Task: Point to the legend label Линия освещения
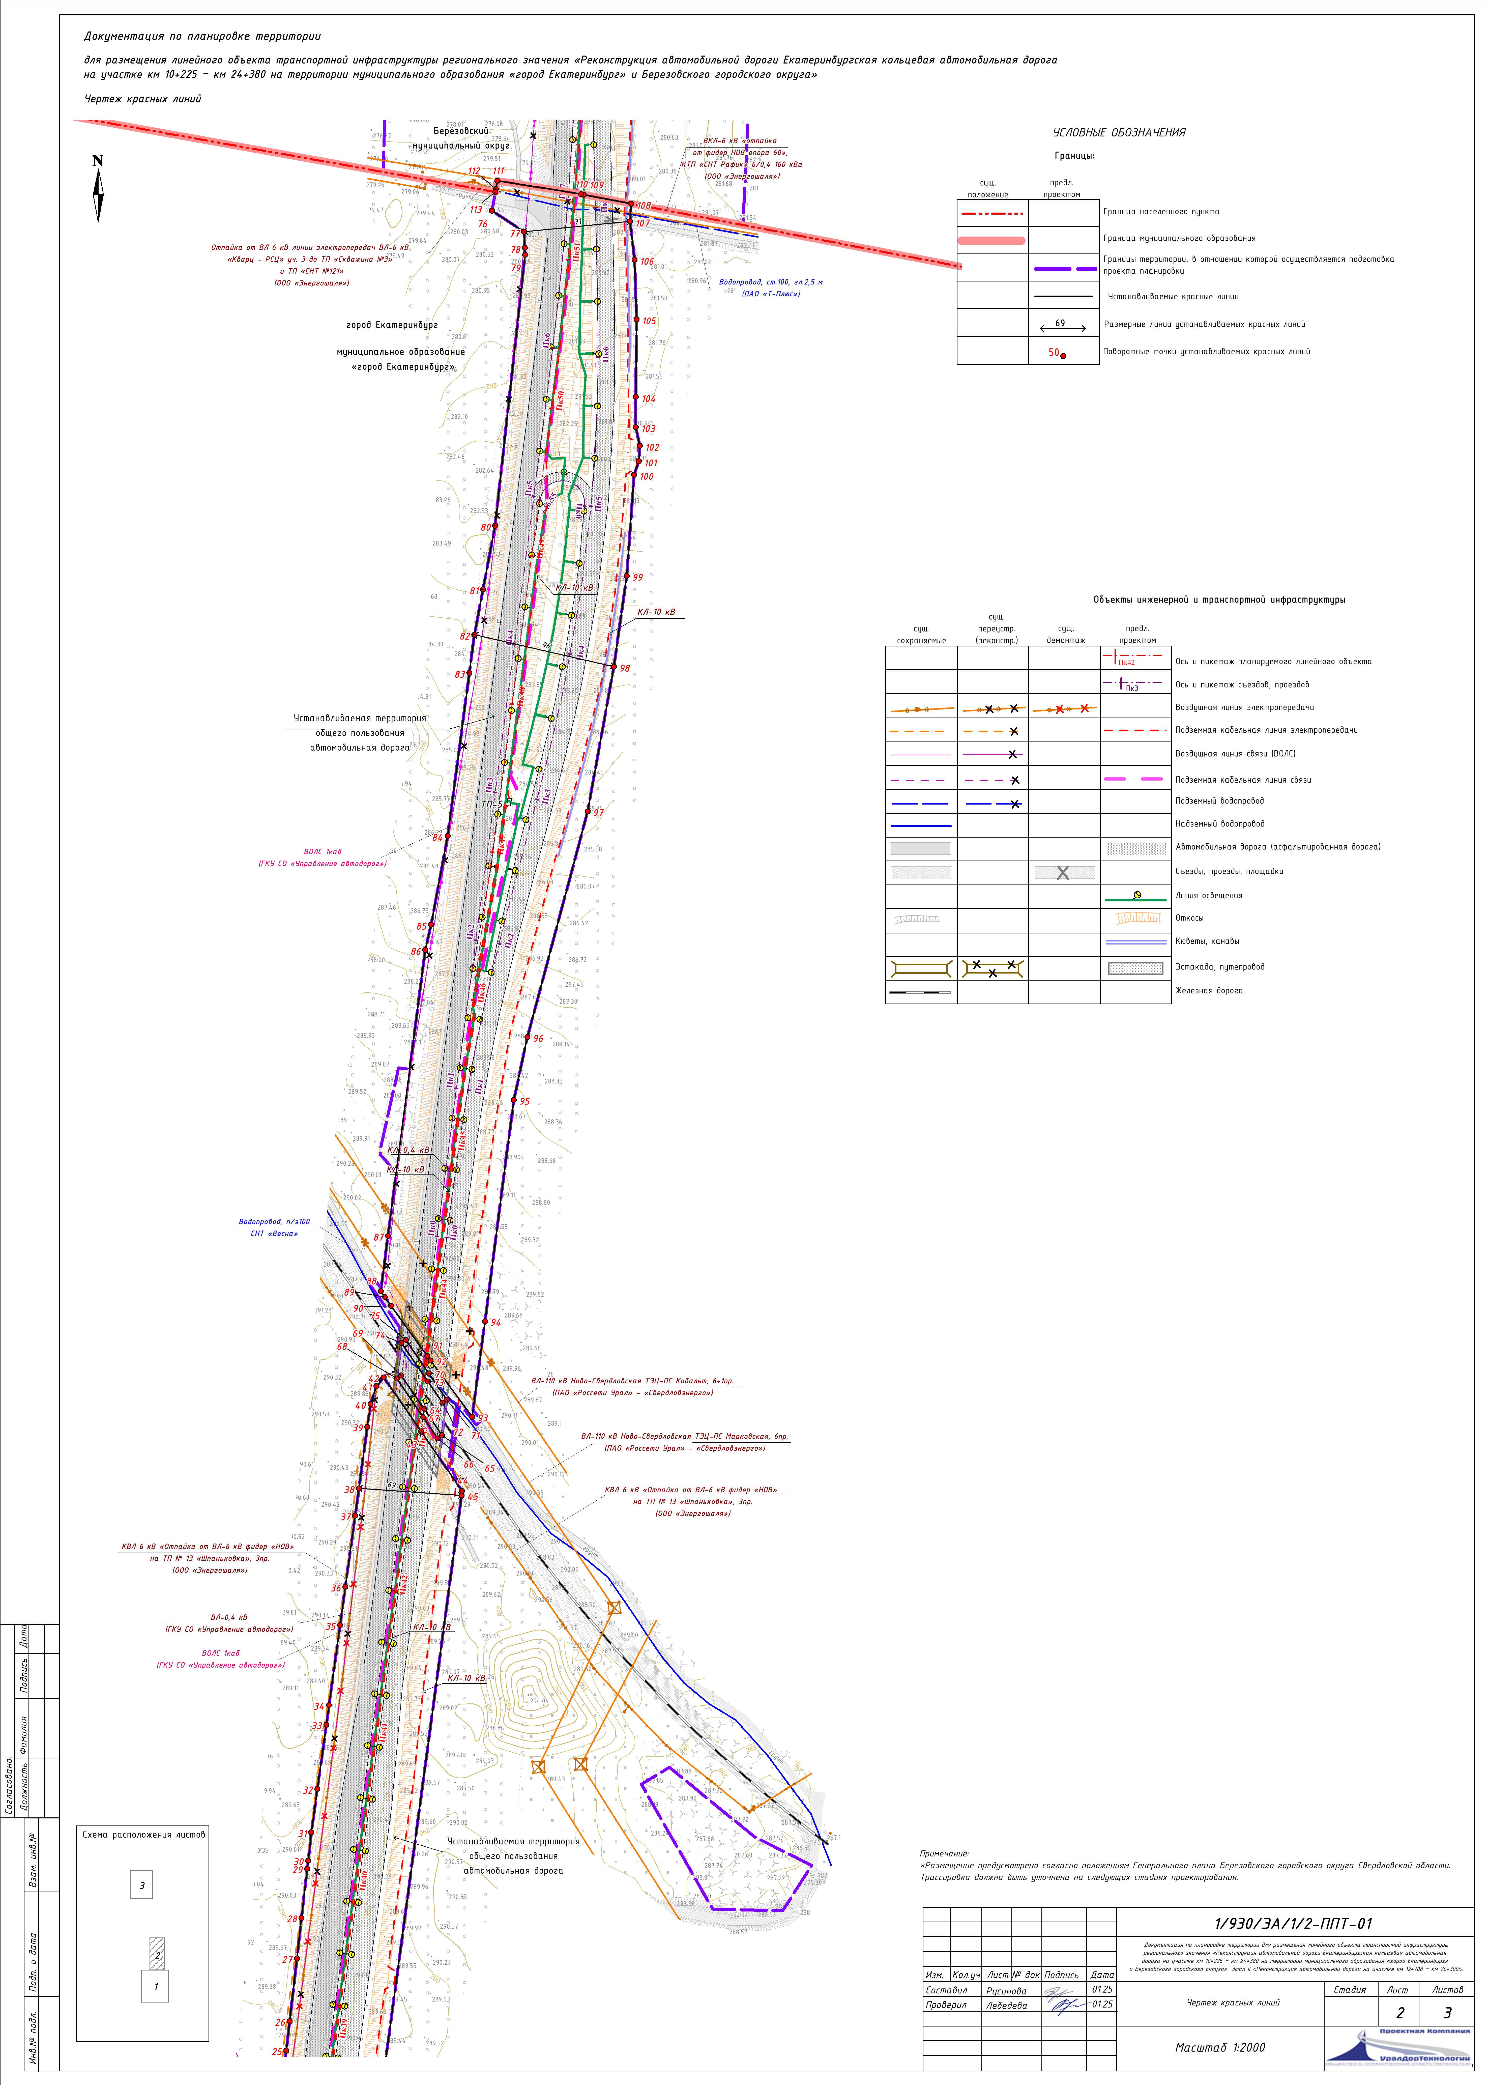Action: point(1208,896)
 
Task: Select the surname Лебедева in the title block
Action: point(1006,2005)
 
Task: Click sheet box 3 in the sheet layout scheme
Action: point(141,1879)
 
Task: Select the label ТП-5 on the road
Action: point(491,804)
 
